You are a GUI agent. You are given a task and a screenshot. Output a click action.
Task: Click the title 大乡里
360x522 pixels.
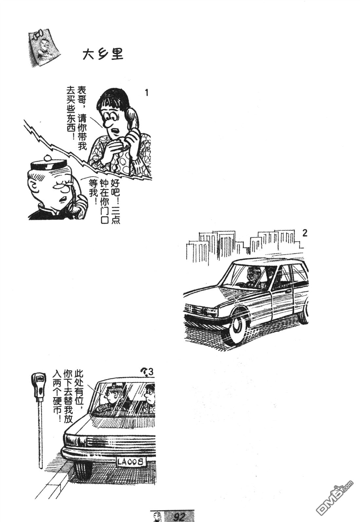pos(102,54)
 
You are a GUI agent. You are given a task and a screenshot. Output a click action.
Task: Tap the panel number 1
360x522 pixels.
pos(147,93)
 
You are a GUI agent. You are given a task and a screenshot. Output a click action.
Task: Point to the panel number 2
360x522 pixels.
pos(305,233)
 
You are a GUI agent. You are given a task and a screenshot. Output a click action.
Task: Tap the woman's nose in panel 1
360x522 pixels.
pos(107,124)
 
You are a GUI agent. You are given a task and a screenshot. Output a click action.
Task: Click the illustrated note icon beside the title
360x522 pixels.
pos(43,49)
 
